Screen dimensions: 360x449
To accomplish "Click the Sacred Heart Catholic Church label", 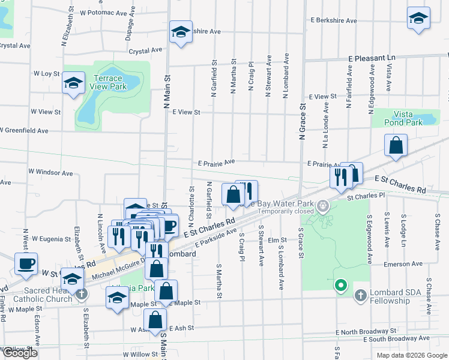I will (x=39, y=295).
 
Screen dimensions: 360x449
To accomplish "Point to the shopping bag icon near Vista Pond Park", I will (x=396, y=146).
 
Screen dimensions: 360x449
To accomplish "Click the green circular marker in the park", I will (x=341, y=286).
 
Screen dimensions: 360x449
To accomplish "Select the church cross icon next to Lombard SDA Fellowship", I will (x=360, y=295).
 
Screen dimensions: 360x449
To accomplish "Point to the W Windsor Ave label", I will (x=50, y=173).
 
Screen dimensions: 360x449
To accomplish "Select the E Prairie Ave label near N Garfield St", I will (x=216, y=163).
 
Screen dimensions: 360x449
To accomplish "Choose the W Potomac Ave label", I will (x=103, y=12).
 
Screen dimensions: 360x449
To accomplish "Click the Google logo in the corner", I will (x=20, y=353).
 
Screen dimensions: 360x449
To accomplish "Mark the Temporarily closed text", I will (x=287, y=212).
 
